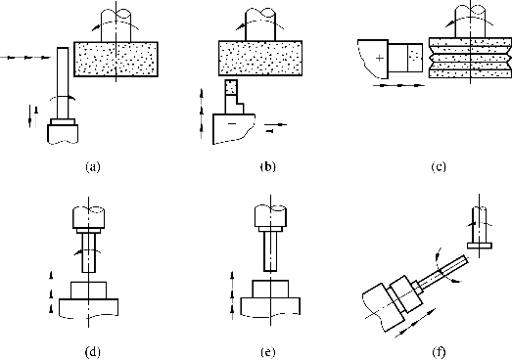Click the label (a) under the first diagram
point(93,167)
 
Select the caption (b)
point(268,166)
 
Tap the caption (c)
point(439,167)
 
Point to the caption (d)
point(93,352)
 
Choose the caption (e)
point(268,352)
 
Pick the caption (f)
point(439,352)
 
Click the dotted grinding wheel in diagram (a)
point(116,60)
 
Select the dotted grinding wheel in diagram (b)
point(260,58)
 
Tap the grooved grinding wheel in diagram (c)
point(470,58)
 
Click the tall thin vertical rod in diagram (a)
point(63,83)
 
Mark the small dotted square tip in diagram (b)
point(231,87)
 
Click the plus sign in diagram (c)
point(380,58)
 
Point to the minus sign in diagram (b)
point(232,123)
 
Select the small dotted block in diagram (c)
point(415,58)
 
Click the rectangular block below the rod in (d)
point(88,291)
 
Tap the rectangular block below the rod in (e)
point(270,289)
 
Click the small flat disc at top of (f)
point(480,246)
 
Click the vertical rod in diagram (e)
point(270,251)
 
